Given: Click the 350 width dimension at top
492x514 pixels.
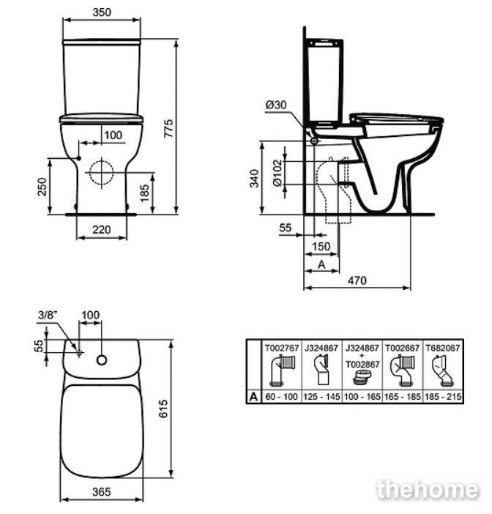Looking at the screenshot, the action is (x=102, y=12).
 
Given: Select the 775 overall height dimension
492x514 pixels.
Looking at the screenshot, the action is (x=168, y=128).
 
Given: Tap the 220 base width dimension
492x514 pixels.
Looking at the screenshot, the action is (x=101, y=229).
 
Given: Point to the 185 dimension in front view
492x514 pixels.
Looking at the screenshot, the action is (x=144, y=193).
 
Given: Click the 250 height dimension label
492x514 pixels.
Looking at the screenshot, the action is (x=42, y=187).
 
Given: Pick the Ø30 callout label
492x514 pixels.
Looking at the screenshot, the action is (x=276, y=105).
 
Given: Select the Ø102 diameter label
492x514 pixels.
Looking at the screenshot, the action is (x=277, y=173).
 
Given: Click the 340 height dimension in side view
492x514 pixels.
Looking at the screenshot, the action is (x=254, y=179).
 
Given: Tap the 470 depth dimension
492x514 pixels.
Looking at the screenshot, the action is (x=357, y=280).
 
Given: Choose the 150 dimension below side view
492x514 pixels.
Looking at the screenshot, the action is (x=321, y=247).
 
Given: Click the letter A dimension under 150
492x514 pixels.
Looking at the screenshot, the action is (x=321, y=264).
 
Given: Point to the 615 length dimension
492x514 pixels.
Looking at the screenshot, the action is (x=163, y=409).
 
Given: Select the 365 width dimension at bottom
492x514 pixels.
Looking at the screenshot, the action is (x=102, y=492).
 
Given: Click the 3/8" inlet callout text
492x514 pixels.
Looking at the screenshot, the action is (x=48, y=315).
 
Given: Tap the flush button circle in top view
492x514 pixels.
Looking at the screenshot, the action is (x=102, y=360).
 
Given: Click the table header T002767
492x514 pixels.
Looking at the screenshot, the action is (x=282, y=348).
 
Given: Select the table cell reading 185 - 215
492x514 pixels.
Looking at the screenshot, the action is (x=443, y=397).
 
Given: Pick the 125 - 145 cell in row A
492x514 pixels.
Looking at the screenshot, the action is (x=321, y=397).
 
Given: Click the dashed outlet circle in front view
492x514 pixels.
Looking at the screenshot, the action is (x=102, y=172).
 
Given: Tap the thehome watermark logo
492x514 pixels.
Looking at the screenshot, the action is (x=428, y=490).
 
